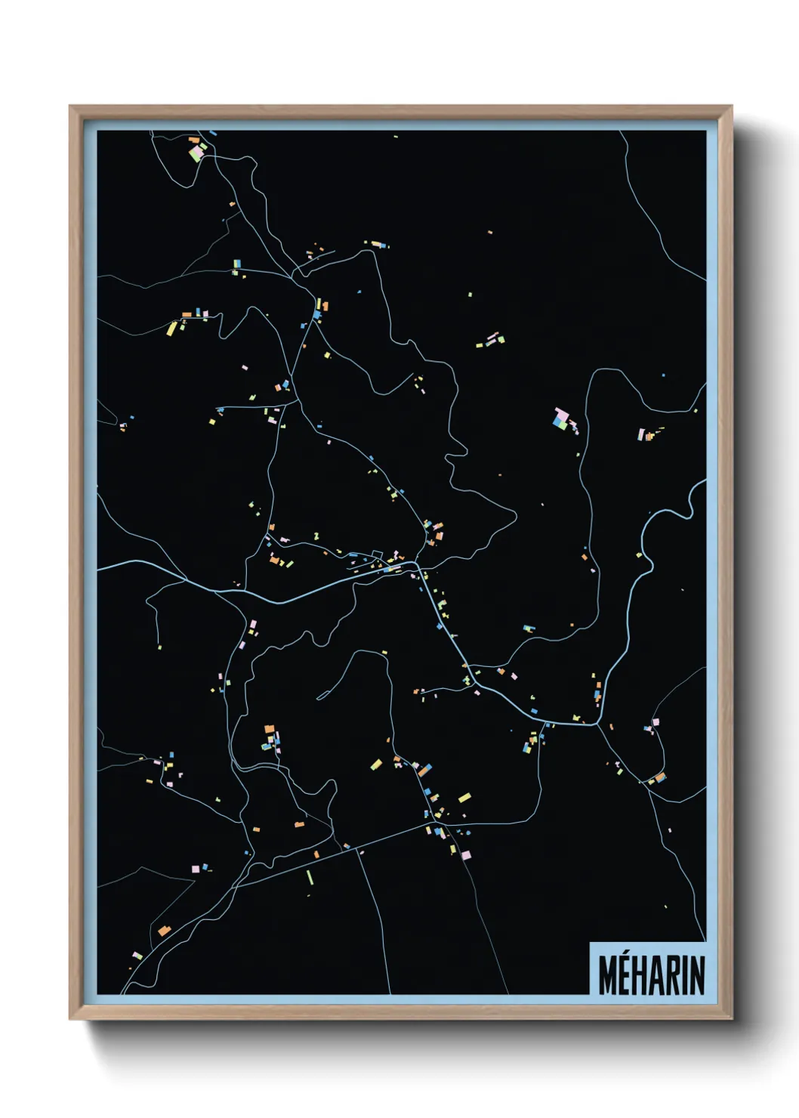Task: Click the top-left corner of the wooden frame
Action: tap(70, 107)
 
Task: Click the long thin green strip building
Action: tap(310, 877)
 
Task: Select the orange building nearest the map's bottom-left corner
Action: tap(164, 931)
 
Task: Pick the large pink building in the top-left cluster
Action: tap(196, 153)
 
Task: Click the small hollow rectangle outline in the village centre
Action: tap(377, 556)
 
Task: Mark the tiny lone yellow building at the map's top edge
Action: tap(395, 137)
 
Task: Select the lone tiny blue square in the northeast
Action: tap(664, 375)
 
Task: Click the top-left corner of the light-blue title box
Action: tap(590, 944)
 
